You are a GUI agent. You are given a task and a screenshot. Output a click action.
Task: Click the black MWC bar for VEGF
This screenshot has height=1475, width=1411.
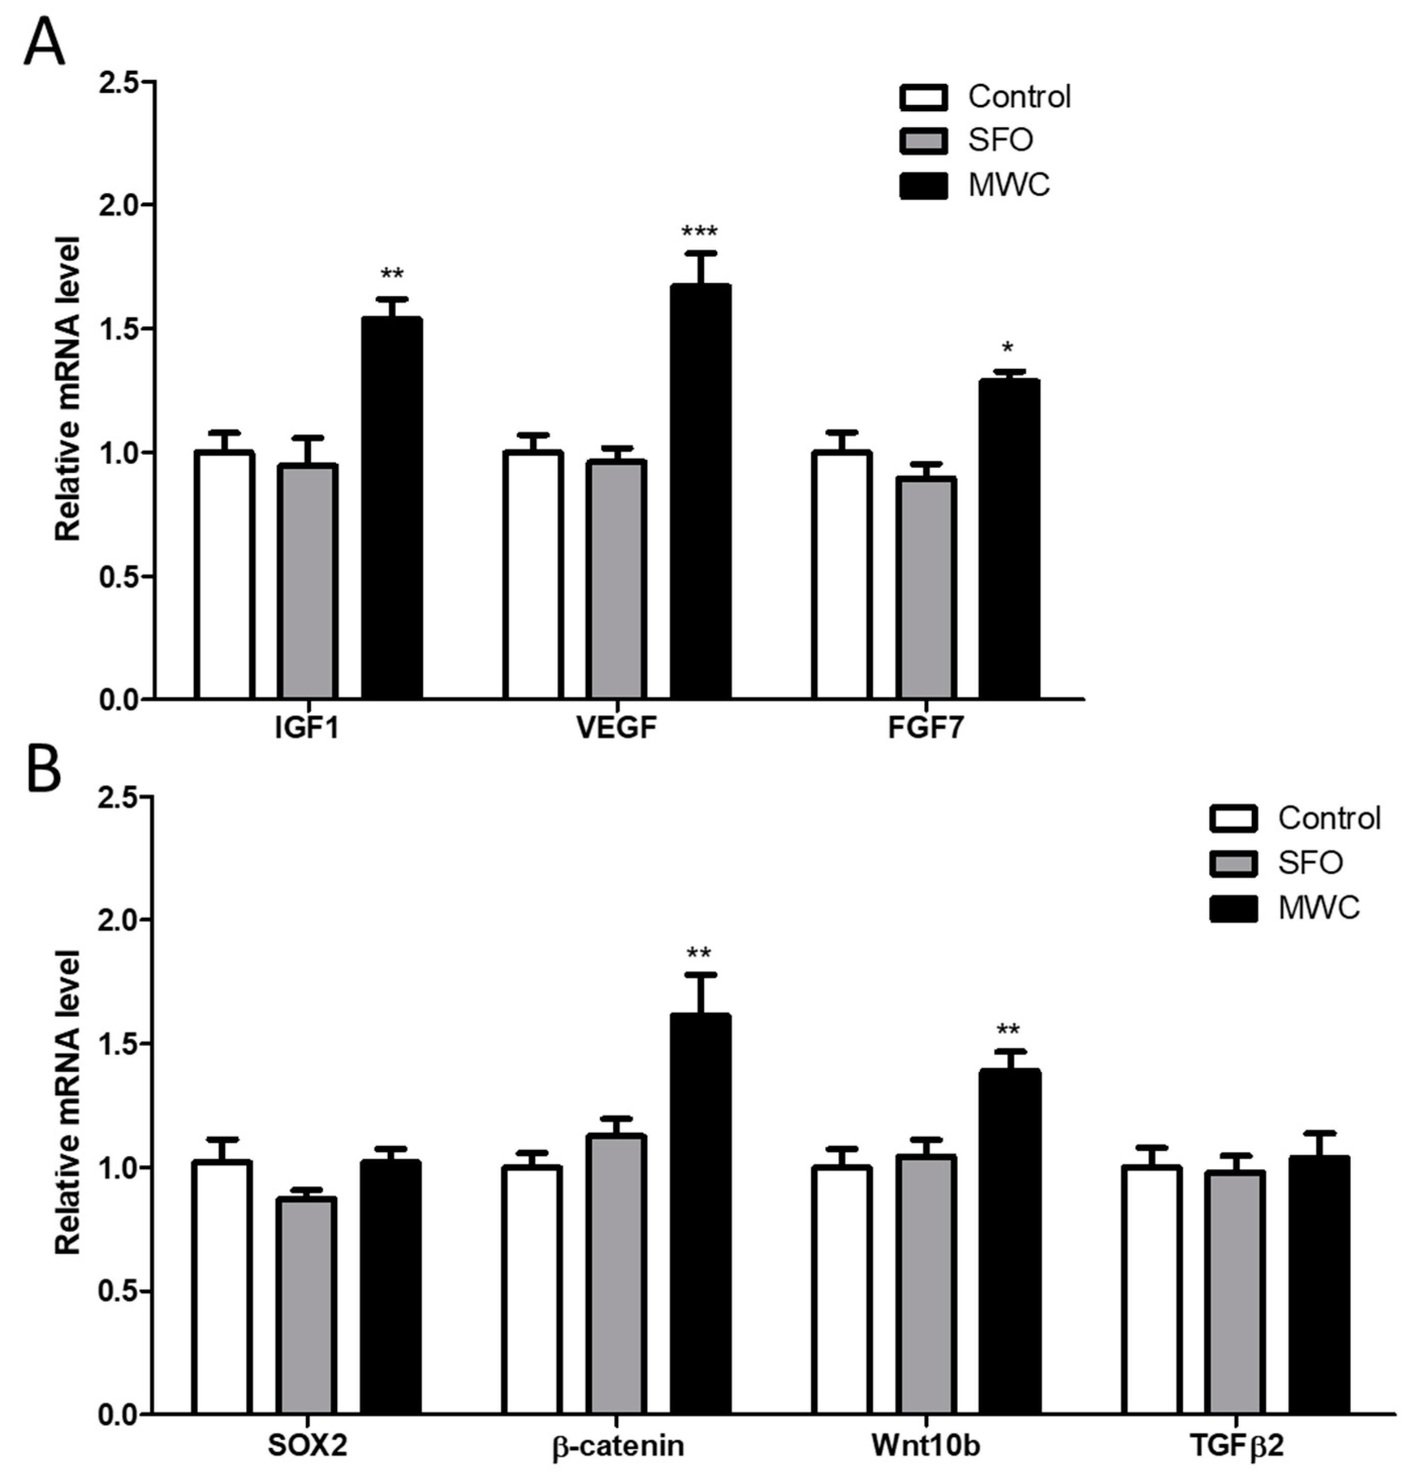tap(700, 492)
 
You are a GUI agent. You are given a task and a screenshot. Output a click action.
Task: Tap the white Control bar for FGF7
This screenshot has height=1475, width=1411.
tap(842, 575)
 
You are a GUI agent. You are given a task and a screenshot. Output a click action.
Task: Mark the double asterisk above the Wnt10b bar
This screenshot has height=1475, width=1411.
tap(1008, 1030)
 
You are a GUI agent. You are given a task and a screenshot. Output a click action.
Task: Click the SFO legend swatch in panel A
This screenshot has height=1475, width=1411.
tap(923, 140)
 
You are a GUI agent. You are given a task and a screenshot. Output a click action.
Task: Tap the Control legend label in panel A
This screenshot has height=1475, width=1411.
tap(1018, 97)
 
